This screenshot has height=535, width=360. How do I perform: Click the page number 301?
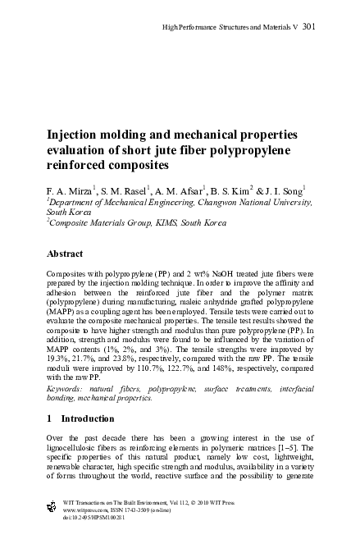click(309, 26)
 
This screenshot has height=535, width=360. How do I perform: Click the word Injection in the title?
click(76, 135)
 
